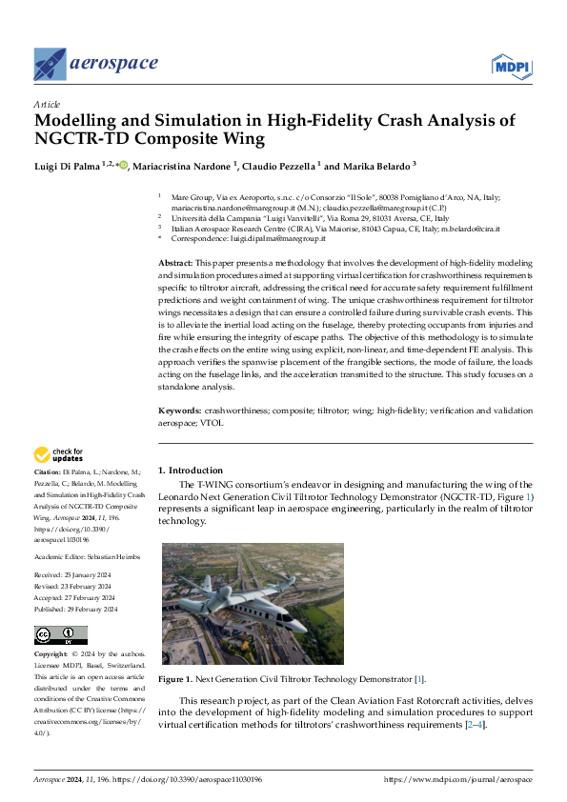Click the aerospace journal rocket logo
(x=50, y=64)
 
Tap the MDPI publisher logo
(x=511, y=65)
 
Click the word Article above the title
(x=47, y=104)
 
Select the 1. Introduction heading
(x=191, y=470)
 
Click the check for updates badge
(x=58, y=454)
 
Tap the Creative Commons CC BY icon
(x=60, y=635)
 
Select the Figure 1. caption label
(x=175, y=679)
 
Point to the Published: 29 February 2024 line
(x=76, y=609)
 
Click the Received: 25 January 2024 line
(x=75, y=575)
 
